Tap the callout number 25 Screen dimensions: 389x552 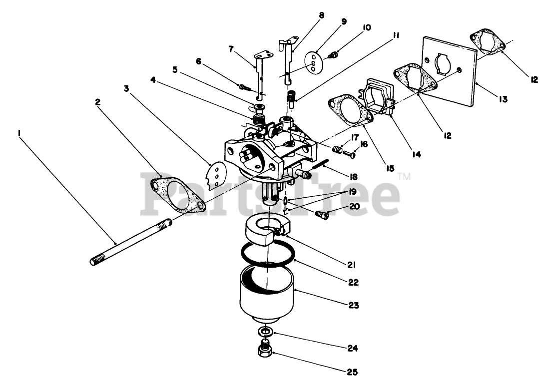click(354, 372)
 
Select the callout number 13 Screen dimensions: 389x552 click(503, 99)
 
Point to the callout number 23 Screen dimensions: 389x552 click(354, 304)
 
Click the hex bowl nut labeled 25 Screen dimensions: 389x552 click(266, 349)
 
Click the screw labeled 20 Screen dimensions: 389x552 click(322, 215)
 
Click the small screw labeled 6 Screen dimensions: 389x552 click(244, 87)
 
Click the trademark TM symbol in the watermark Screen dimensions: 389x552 click(405, 175)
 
